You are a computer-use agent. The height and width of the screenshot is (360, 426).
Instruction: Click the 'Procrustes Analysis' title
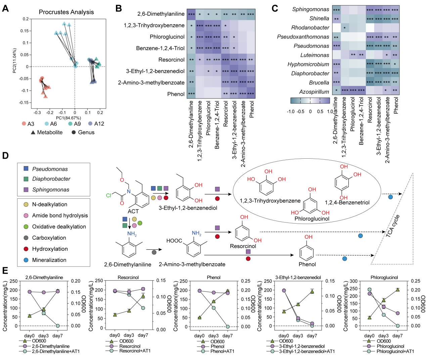coord(66,12)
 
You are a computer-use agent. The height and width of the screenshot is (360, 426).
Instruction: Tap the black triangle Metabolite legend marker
coord(33,132)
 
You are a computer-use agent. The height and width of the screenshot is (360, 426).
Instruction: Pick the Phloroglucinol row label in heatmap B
coord(167,37)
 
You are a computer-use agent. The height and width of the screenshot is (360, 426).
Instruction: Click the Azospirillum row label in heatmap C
coord(314,92)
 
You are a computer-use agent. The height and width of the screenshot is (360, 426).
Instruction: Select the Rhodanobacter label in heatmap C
coord(310,28)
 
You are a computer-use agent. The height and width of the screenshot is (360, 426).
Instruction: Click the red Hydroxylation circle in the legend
coord(26,249)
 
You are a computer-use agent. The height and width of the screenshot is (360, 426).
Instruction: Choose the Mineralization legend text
coord(49,260)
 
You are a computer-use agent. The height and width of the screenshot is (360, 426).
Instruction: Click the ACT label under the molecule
coord(133,211)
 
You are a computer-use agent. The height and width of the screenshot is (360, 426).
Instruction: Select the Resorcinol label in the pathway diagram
coord(243,246)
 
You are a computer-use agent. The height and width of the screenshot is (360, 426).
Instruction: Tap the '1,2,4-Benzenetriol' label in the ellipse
coord(347,202)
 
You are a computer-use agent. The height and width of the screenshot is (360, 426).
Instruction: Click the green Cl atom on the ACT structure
coord(108,195)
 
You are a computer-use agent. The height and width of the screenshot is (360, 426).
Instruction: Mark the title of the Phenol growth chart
coord(214,278)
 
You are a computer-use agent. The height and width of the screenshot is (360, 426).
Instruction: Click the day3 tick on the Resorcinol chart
coord(129,335)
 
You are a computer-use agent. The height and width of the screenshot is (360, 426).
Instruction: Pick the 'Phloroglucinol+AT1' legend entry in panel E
coord(395,351)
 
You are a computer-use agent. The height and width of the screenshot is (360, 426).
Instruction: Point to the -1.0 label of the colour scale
coord(291,111)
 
